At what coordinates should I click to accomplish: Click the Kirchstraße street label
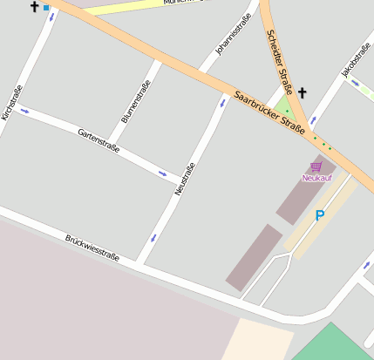[x=11, y=102]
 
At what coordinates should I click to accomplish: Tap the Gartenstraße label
[x=99, y=138]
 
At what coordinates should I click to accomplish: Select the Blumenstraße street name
[x=136, y=101]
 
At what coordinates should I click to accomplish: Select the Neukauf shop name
[x=316, y=178]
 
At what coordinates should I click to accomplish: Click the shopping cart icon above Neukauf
[x=316, y=166]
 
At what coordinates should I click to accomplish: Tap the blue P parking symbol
[x=319, y=215]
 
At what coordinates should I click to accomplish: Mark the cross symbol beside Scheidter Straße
[x=303, y=92]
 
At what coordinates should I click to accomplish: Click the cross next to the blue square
[x=34, y=7]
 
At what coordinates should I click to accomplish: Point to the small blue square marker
[x=46, y=7]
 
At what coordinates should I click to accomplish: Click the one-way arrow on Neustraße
[x=153, y=236]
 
